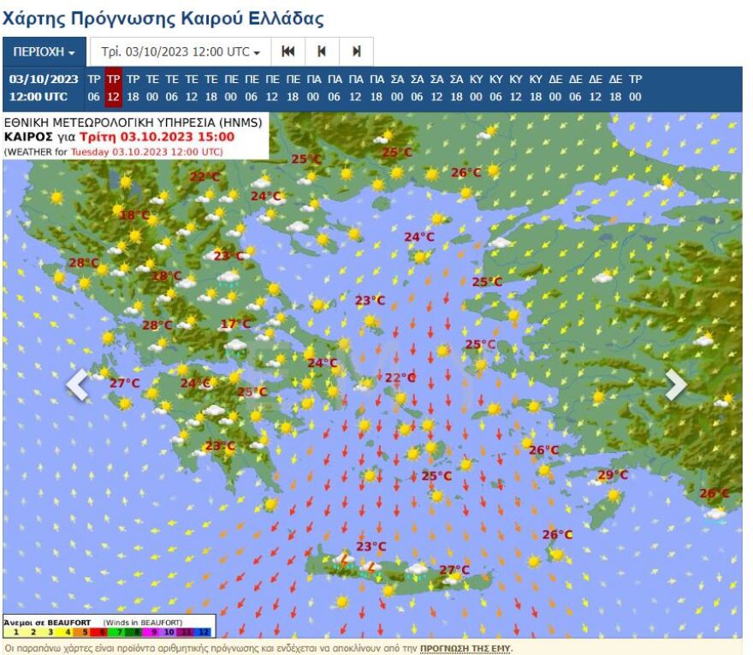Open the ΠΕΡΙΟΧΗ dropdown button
(x=44, y=52)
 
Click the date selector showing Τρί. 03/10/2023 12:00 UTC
(x=181, y=52)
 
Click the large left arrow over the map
(x=78, y=384)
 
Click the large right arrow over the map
(x=675, y=384)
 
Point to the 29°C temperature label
(x=612, y=475)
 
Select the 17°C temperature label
(x=235, y=324)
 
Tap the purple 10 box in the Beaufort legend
(x=169, y=632)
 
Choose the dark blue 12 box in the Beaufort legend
(x=203, y=632)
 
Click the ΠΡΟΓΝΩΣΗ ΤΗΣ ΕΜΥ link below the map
(x=465, y=649)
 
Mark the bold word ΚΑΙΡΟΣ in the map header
(x=29, y=136)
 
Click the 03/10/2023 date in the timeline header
(x=44, y=79)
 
